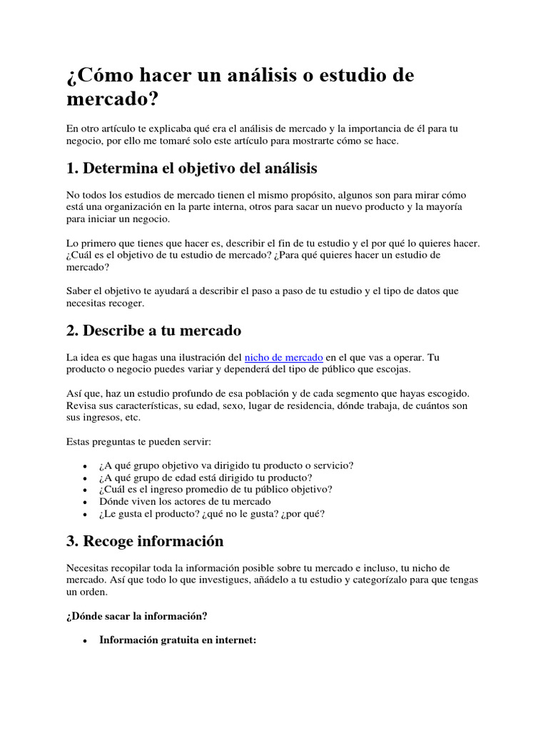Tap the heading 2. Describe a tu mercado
(x=153, y=331)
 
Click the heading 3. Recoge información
(x=144, y=541)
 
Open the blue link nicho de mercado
(x=284, y=356)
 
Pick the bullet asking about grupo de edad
(x=206, y=478)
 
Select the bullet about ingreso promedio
(x=216, y=489)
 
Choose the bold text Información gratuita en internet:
(x=178, y=641)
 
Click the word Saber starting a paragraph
(x=80, y=291)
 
